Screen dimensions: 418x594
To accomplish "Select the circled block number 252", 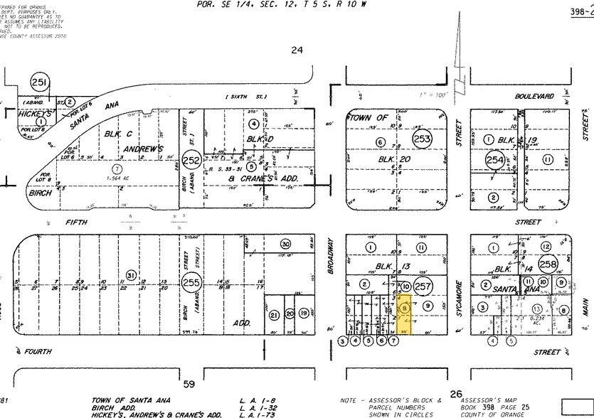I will point(191,160).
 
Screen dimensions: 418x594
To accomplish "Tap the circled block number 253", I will point(423,139).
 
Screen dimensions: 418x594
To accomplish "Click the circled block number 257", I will point(424,286).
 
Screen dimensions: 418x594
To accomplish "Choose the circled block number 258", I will point(547,264).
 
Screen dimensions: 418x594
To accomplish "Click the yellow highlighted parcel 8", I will point(405,309).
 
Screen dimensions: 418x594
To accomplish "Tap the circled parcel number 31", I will point(130,275).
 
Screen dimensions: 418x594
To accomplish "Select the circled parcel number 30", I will point(286,242).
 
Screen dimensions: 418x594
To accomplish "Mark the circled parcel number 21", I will point(274,313).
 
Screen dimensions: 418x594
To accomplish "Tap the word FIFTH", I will point(75,222).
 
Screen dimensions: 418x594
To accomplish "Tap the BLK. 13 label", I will point(388,265).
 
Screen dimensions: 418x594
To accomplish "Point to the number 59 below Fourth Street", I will point(189,385).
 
